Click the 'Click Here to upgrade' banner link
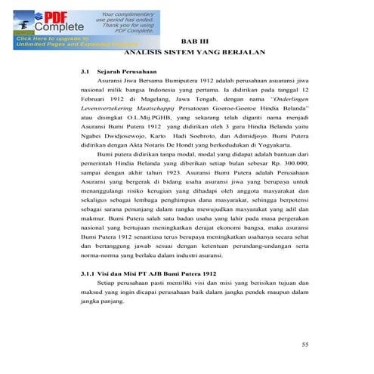point(45,39)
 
